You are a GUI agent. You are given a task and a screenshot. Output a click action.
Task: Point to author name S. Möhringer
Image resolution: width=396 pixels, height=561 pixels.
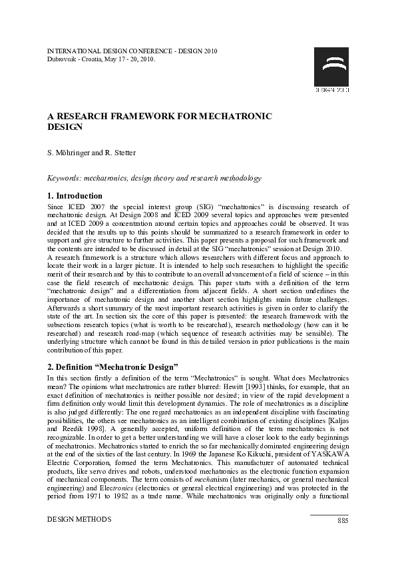[x=70, y=153]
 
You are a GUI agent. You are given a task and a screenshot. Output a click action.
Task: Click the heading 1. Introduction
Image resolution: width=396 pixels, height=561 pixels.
[x=76, y=196]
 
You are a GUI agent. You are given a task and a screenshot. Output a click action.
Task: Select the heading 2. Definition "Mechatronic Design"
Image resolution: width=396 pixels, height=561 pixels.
[x=112, y=367]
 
